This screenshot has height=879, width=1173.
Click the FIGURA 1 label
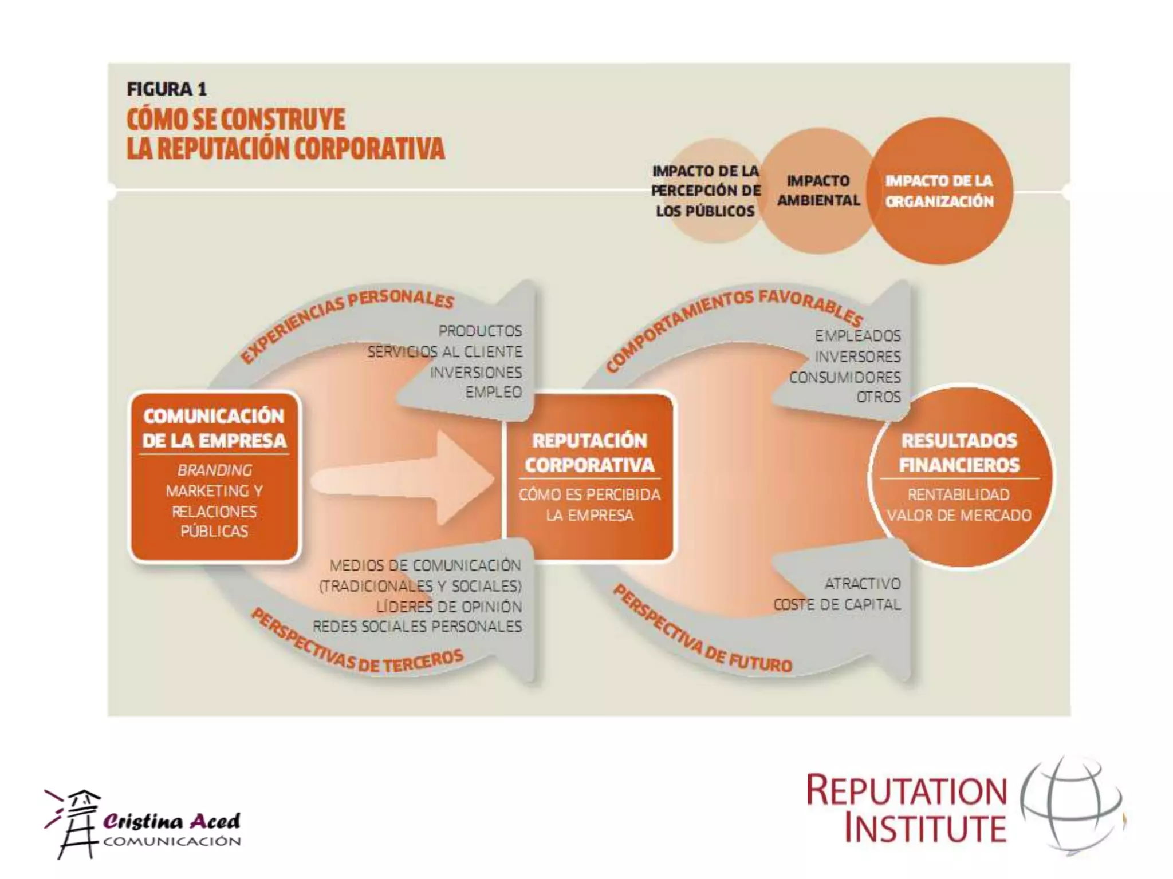pyautogui.click(x=167, y=89)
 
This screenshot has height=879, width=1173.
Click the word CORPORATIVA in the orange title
pyautogui.click(x=369, y=149)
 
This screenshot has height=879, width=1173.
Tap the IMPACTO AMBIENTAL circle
pyautogui.click(x=818, y=191)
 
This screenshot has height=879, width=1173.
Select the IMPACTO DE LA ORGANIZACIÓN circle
pyautogui.click(x=939, y=191)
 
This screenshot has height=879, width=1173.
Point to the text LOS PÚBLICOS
pyautogui.click(x=705, y=211)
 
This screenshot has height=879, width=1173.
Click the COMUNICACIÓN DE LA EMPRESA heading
pyautogui.click(x=214, y=427)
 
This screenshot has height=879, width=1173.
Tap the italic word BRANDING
pyautogui.click(x=214, y=470)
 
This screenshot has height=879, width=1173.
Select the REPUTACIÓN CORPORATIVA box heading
pyautogui.click(x=589, y=452)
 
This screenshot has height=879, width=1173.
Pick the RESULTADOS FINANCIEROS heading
pyautogui.click(x=959, y=452)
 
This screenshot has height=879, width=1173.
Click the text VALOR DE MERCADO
pyautogui.click(x=959, y=515)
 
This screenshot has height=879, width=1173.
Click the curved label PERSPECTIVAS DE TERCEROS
pyautogui.click(x=355, y=647)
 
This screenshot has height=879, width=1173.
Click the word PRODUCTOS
pyautogui.click(x=480, y=331)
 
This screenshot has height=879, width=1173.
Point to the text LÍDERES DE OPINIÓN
pyautogui.click(x=449, y=606)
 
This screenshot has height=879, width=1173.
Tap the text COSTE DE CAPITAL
pyautogui.click(x=837, y=604)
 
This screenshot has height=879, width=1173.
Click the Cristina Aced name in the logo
pyautogui.click(x=171, y=822)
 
